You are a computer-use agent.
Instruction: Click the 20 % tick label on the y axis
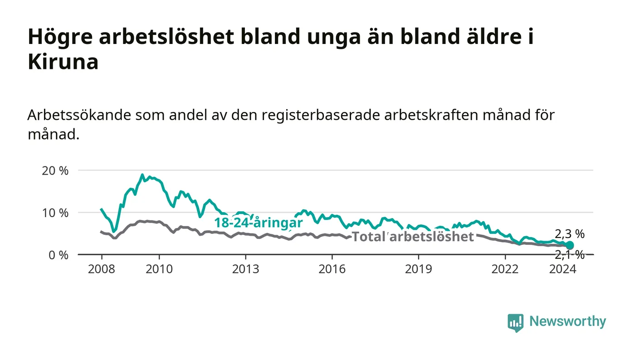(x=55, y=171)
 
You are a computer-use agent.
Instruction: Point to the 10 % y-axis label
(x=55, y=213)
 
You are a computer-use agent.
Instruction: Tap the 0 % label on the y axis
(x=59, y=255)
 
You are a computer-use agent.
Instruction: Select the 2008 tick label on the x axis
(x=102, y=269)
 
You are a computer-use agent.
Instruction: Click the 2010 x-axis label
(x=159, y=269)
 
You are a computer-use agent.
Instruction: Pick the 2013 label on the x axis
(x=245, y=269)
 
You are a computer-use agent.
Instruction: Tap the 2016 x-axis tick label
(x=332, y=269)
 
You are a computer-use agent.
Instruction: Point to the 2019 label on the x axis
(x=418, y=269)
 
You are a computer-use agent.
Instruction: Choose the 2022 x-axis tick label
(x=505, y=269)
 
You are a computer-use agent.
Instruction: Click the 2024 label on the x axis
(x=563, y=269)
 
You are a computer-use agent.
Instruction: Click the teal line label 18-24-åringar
(x=259, y=223)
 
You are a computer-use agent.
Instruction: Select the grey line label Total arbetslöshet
(x=413, y=237)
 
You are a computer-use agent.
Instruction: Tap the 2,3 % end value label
(x=570, y=234)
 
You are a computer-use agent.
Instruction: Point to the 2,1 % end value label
(x=570, y=255)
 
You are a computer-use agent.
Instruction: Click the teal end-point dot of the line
(x=570, y=245)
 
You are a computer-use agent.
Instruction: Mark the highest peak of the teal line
(x=142, y=175)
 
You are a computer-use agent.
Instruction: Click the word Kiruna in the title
(x=63, y=62)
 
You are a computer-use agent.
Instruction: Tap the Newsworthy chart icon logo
(x=515, y=322)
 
